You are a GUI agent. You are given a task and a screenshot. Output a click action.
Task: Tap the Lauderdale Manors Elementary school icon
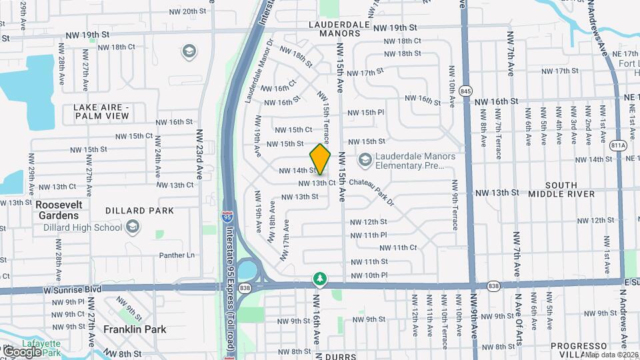(364, 160)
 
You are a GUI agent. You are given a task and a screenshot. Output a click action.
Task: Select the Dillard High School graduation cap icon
(133, 227)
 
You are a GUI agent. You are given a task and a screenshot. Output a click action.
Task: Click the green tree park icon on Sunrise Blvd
(320, 277)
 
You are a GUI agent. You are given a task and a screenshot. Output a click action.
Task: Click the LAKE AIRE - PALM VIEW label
(101, 111)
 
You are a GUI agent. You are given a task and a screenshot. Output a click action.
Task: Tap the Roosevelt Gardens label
(57, 210)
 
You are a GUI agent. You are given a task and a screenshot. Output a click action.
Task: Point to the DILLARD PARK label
(139, 211)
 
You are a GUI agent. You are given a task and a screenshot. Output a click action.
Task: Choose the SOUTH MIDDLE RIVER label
(561, 189)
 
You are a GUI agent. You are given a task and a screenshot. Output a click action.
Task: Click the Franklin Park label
(135, 329)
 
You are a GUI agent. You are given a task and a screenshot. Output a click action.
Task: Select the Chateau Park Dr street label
(364, 183)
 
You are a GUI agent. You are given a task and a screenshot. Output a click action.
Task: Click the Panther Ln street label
(177, 255)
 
